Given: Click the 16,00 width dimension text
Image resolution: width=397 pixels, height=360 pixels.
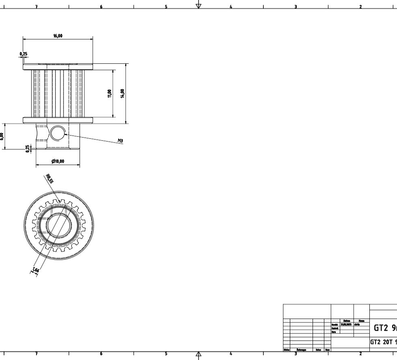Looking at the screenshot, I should pos(58,36).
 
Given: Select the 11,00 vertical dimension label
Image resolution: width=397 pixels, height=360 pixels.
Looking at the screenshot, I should pos(109,93).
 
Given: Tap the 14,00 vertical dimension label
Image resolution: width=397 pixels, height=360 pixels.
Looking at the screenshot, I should pos(122,93).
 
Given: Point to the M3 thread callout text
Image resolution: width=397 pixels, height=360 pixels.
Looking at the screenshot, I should pos(120,140).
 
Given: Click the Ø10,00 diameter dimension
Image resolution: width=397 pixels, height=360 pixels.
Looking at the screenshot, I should pos(58,161).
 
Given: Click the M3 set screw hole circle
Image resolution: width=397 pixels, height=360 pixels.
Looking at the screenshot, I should pos(57,132).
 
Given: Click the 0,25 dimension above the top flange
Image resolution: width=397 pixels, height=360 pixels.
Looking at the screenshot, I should pos(24,54).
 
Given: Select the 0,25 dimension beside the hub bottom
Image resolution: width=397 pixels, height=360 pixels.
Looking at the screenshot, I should pos(28,149).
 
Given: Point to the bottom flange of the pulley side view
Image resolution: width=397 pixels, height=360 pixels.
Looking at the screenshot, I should pos(58,120).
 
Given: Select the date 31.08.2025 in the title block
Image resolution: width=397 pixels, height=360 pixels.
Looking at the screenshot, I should pos(346,325).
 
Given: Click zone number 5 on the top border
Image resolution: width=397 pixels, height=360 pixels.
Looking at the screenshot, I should pos(166,7).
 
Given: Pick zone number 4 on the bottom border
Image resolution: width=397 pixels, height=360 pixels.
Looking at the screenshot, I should pos(231,354).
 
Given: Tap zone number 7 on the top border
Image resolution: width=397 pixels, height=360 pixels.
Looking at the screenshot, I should pos(37,7).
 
